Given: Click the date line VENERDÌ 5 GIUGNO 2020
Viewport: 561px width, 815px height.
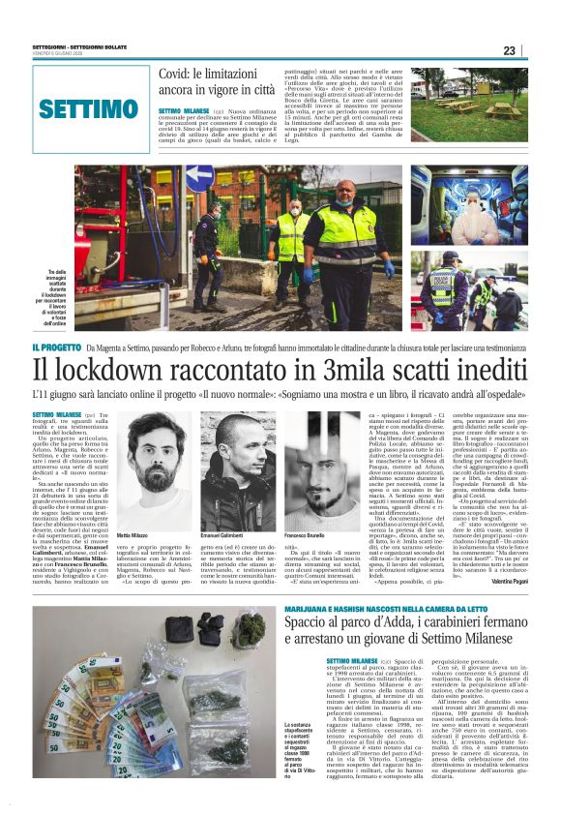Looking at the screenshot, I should pyautogui.click(x=59, y=57).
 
